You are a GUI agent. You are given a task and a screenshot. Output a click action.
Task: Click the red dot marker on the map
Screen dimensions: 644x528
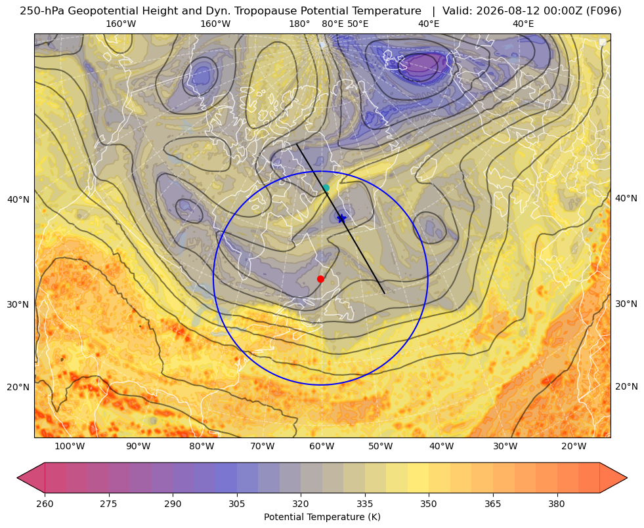coord(321,279)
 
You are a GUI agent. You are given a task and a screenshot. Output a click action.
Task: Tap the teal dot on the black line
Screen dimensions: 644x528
coord(326,188)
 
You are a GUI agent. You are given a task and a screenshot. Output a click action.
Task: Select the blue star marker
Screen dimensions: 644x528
coord(342,218)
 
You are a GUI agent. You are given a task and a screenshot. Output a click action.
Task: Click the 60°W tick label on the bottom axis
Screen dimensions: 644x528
coord(322,447)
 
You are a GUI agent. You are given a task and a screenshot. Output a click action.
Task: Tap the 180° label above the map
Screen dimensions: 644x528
coord(299,24)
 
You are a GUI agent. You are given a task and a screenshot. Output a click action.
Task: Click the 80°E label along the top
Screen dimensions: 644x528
coord(333,24)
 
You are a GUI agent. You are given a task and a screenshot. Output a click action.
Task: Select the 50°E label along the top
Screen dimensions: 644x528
coord(358,24)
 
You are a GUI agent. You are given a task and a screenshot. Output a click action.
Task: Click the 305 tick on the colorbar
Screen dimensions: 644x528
coord(236,504)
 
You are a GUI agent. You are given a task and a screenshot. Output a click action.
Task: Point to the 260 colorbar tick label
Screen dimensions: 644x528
coord(45,504)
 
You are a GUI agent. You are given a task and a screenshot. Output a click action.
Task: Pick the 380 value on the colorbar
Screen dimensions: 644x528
coord(557,504)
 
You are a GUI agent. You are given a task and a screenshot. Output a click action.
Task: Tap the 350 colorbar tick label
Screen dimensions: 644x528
coord(429,504)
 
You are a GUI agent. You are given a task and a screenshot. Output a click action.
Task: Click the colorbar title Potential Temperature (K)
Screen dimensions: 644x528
coord(322,517)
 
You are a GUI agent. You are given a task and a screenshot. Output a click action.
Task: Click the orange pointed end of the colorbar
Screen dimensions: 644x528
coord(614,477)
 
